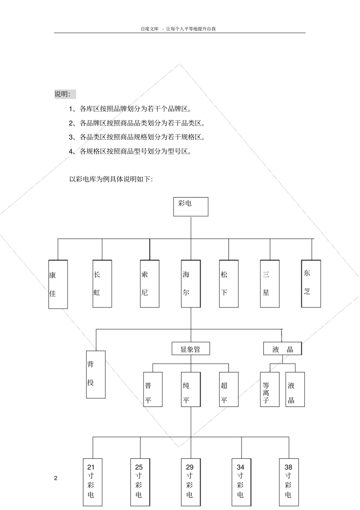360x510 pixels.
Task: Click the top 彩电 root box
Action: (x=191, y=207)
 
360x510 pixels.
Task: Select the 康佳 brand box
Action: (x=58, y=284)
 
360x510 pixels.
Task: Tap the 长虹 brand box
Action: (x=102, y=284)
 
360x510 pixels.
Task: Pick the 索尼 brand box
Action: (x=150, y=284)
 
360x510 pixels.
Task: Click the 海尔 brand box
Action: (x=191, y=284)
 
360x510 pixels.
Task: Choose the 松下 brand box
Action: (x=229, y=284)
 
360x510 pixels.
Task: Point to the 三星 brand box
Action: (x=270, y=284)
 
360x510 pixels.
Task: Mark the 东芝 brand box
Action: (x=311, y=284)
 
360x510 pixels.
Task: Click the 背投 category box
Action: (x=96, y=374)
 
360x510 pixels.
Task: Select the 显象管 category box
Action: (x=191, y=349)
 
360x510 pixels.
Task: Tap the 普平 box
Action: (x=153, y=389)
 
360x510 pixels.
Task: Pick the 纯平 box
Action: (x=191, y=389)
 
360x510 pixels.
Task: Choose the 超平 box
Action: (x=229, y=389)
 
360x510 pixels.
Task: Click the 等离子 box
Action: (x=270, y=389)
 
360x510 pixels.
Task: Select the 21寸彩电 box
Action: (x=93, y=482)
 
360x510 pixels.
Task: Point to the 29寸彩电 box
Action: (x=190, y=482)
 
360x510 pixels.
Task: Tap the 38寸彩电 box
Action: (x=289, y=482)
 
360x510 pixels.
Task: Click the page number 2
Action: (x=56, y=478)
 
